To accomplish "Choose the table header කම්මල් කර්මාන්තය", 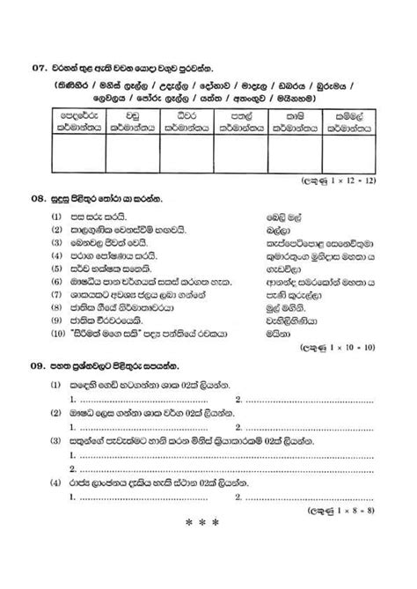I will pyautogui.click(x=355, y=121).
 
